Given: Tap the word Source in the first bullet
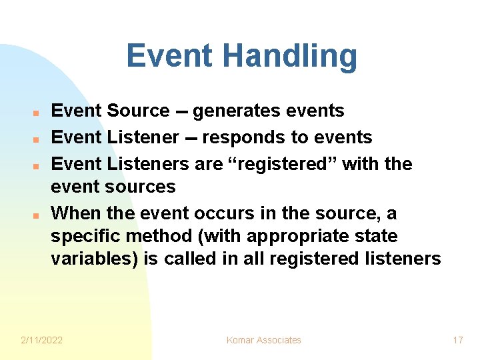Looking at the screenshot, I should [138, 111].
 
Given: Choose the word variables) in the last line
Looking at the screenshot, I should [95, 259].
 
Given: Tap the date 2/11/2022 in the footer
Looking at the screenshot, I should [41, 340].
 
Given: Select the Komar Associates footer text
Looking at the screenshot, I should [263, 340].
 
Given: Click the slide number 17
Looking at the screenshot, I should [457, 340].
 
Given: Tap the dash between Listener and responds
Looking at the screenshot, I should [190, 138].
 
